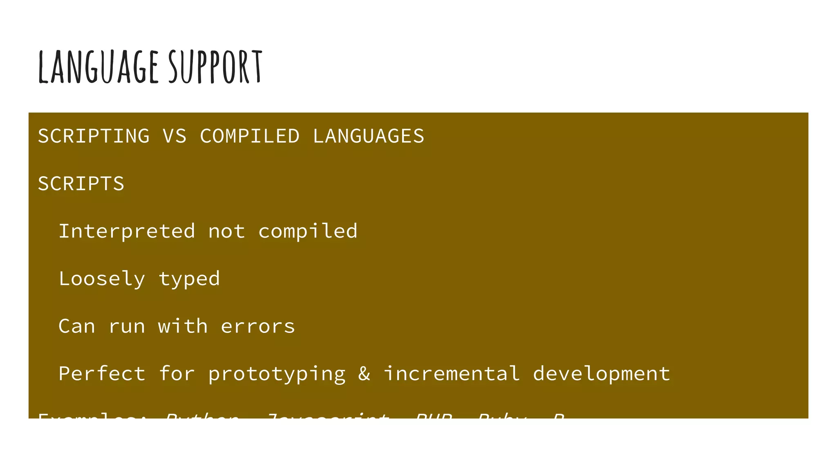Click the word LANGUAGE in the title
click(x=98, y=67)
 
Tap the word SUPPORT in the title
click(x=215, y=67)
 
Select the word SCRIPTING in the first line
click(x=94, y=136)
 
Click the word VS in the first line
click(x=175, y=136)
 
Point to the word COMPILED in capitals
click(x=250, y=136)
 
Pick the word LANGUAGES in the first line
click(x=369, y=136)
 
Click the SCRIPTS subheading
click(x=81, y=184)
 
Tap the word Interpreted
click(x=127, y=231)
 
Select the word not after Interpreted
click(x=227, y=231)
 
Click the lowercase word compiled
click(x=308, y=231)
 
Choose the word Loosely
click(x=102, y=279)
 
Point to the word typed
click(x=189, y=279)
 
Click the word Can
click(x=77, y=326)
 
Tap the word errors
click(x=258, y=326)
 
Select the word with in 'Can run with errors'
click(x=183, y=326)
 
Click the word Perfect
click(x=102, y=374)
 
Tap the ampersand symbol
click(x=364, y=374)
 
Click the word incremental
click(x=452, y=374)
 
